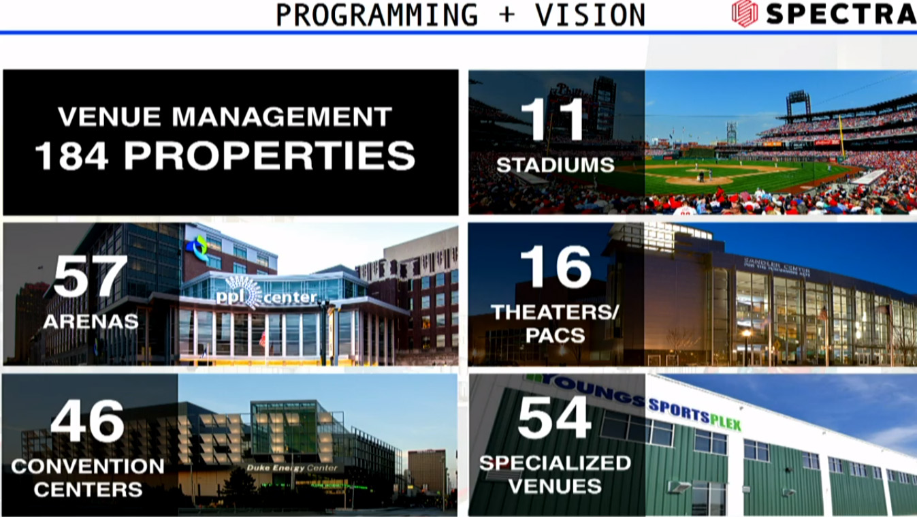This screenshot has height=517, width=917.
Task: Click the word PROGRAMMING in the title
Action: pos(377,15)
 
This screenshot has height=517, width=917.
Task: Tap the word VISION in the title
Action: pos(590,15)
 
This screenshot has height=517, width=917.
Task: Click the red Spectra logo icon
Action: pos(744,14)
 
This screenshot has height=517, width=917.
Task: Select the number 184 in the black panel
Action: pos(72,155)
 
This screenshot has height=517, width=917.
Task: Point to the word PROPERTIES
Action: pos(270,155)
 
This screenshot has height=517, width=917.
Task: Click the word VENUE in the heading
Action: pos(110,116)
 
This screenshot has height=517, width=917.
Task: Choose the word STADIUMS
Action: pos(556,165)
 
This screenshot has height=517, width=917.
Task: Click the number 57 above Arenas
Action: pos(91,276)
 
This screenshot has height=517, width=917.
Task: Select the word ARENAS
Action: pos(91,322)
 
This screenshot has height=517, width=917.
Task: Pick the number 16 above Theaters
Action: pos(556,267)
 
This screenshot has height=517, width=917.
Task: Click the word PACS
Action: pos(556,336)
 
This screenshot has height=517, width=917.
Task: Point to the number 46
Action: pos(88,421)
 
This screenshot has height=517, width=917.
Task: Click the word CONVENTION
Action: pos(88,467)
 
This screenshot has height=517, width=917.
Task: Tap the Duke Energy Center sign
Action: pos(292,468)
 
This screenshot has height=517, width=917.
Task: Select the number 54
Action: pos(555,418)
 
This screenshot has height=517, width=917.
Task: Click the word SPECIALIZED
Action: pos(555,463)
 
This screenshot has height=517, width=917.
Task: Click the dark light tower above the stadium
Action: pos(798,105)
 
